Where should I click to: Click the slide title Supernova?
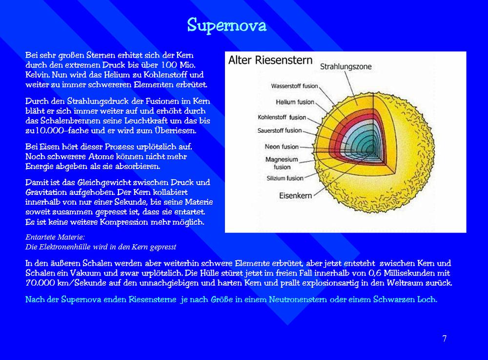(x=226, y=25)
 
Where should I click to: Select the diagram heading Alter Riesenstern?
(x=270, y=60)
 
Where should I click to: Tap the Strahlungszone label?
(x=346, y=67)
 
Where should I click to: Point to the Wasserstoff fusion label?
(x=294, y=86)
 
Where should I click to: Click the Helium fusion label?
(x=295, y=102)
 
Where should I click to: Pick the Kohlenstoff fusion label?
(x=282, y=117)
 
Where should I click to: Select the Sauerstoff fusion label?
(x=280, y=130)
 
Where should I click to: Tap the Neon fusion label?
(x=282, y=147)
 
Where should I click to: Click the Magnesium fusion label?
(x=282, y=163)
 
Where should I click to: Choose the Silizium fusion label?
(x=285, y=178)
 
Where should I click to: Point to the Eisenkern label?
(x=295, y=195)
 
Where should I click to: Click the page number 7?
(x=445, y=339)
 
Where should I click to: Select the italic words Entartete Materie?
(x=55, y=237)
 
